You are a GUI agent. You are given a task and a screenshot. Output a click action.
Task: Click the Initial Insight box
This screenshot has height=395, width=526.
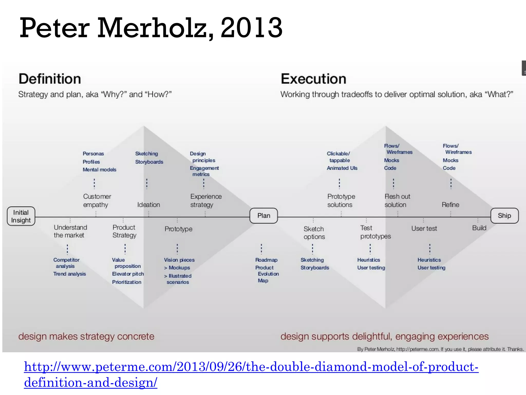pos(21,216)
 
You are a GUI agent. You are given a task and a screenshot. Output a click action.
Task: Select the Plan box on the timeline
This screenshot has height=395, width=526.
pos(264,216)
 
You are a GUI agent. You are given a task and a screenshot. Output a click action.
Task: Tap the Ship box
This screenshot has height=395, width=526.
pos(504,216)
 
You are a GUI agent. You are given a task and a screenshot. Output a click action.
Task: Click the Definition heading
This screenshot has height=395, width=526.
pos(50,79)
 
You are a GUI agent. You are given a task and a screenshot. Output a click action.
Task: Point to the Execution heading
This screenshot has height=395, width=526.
pos(313,79)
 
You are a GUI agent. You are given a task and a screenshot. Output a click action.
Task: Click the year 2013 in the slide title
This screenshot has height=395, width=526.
pos(251,28)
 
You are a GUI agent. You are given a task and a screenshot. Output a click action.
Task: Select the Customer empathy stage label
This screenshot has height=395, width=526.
pos(97,201)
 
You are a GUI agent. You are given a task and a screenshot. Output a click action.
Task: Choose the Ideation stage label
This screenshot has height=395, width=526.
pos(148,205)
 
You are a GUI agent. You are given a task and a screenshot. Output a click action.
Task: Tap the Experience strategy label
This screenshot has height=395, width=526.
pos(206,201)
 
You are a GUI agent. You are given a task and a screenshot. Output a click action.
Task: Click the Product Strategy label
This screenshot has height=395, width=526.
pos(124,231)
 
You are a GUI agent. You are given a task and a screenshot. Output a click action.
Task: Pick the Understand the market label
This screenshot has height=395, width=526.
pos(70,231)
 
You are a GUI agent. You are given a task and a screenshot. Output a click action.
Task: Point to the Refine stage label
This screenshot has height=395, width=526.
pos(450,205)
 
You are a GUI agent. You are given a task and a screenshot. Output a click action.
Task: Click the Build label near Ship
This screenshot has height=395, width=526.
pos(479,228)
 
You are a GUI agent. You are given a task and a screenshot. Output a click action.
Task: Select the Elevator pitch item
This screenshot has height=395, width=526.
pos(128,274)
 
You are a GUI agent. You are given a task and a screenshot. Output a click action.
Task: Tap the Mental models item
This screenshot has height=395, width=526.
pos(99,170)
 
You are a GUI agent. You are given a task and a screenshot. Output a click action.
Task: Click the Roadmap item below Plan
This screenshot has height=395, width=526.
pos(266,260)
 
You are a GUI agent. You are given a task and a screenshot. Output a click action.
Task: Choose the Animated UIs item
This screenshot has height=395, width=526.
pos(342,168)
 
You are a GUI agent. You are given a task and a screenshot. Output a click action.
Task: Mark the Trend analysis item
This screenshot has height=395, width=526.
pos(70,274)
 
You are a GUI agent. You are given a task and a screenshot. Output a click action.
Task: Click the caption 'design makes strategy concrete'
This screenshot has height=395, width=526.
pos(86,336)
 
